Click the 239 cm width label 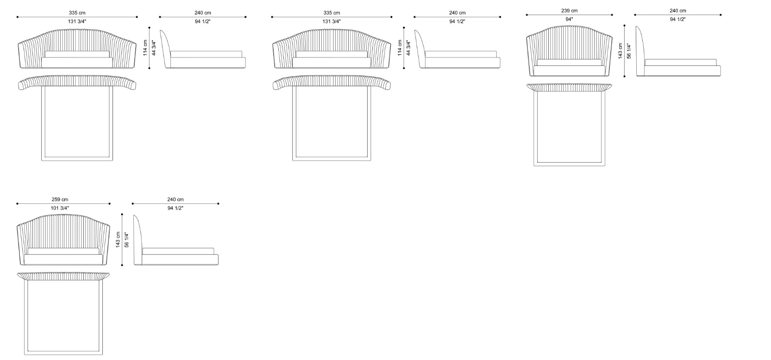coord(569,11)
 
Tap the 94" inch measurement coord(569,19)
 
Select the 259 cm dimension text coord(60,200)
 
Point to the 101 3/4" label coord(60,208)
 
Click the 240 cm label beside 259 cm coord(176,200)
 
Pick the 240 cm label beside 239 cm coord(678,11)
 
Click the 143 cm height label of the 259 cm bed coord(118,240)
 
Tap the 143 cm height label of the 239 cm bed coord(621,51)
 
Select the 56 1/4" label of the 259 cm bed coord(126,240)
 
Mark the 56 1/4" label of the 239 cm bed coord(629,51)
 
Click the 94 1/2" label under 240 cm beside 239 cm coord(678,19)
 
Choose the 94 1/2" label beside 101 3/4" coord(176,208)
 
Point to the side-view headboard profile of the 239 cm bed coord(640,51)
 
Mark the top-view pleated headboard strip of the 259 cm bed coord(63,276)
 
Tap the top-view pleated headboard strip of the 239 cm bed coord(569,88)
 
